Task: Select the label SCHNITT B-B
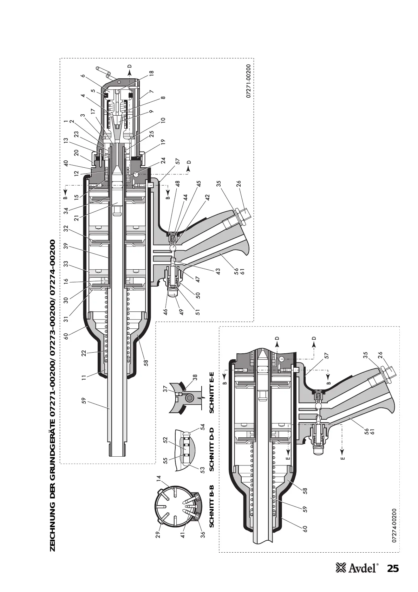tap(211, 511)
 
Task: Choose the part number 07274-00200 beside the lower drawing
tap(394, 526)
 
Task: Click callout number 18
tap(151, 73)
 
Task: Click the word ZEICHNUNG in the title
tap(53, 527)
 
